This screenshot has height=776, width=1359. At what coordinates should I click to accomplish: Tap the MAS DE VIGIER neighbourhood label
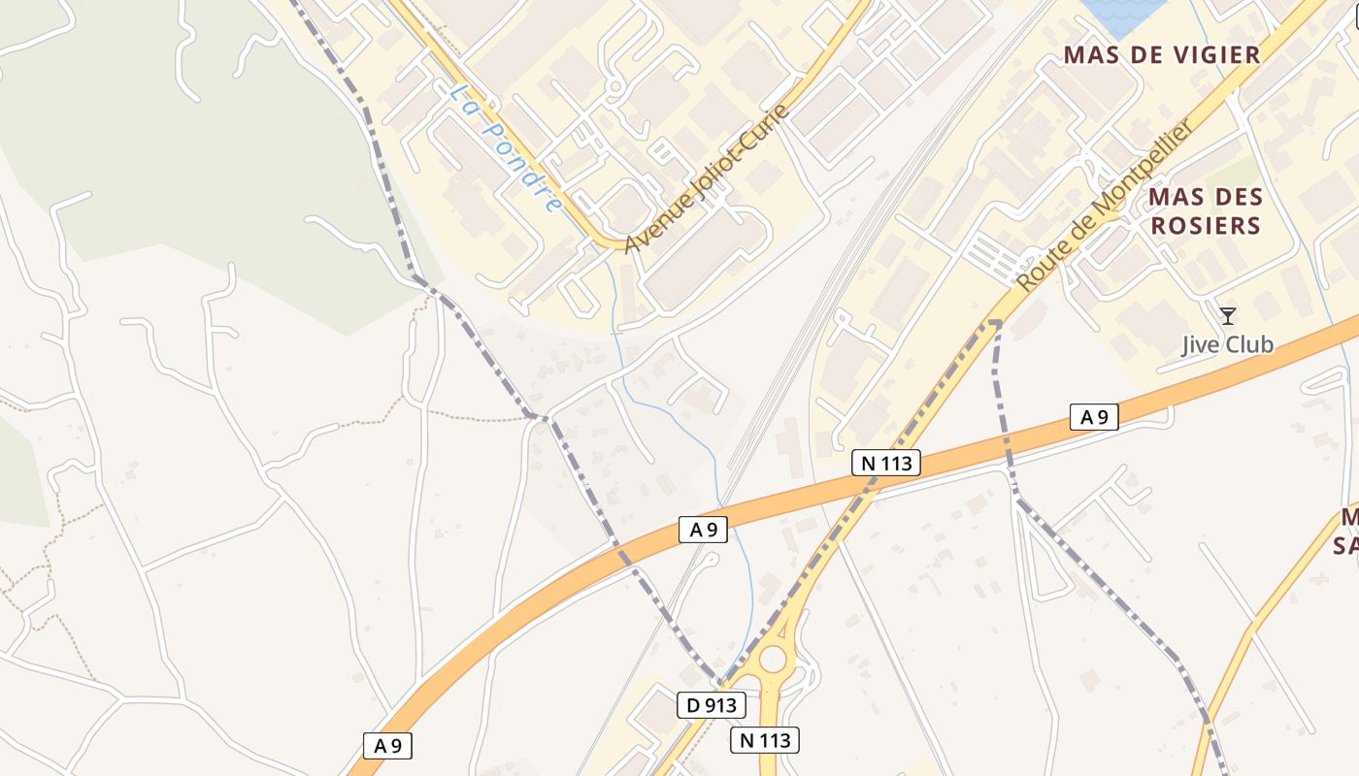pyautogui.click(x=1162, y=54)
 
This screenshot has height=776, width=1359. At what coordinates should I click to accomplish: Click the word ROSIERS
pyautogui.click(x=1205, y=226)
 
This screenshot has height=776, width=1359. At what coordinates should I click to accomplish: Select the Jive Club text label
pyautogui.click(x=1227, y=344)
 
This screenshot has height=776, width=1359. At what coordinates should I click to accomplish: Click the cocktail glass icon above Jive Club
pyautogui.click(x=1228, y=315)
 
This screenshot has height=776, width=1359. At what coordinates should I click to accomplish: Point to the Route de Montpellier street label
pyautogui.click(x=1106, y=207)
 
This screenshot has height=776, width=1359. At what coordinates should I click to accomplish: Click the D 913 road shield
pyautogui.click(x=712, y=705)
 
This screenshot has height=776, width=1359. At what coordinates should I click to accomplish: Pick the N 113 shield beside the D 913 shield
pyautogui.click(x=764, y=740)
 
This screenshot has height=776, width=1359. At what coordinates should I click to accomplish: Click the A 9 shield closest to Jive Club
pyautogui.click(x=1094, y=417)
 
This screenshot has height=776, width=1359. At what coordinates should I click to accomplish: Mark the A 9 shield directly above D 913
pyautogui.click(x=703, y=530)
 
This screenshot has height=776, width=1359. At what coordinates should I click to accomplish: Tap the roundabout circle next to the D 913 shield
pyautogui.click(x=773, y=660)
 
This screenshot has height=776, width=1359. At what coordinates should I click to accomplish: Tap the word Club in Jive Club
pyautogui.click(x=1248, y=344)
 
